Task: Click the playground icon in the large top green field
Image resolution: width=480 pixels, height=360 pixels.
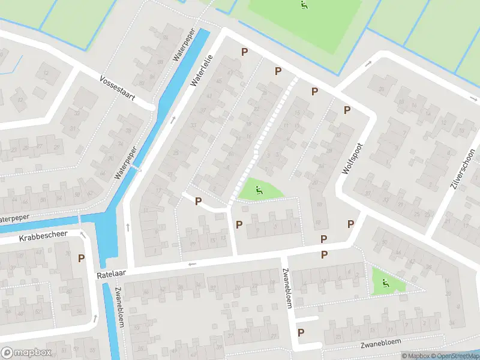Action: [x=304, y=5]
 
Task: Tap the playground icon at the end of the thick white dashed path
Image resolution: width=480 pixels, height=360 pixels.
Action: [x=259, y=191]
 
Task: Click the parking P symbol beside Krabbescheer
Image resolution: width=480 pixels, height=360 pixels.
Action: [x=82, y=258]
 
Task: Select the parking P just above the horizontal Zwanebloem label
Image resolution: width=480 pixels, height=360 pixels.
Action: [x=301, y=332]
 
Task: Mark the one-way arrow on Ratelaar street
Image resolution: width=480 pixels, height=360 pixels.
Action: [x=191, y=264]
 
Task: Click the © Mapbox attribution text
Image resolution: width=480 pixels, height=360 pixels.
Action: [x=414, y=356]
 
